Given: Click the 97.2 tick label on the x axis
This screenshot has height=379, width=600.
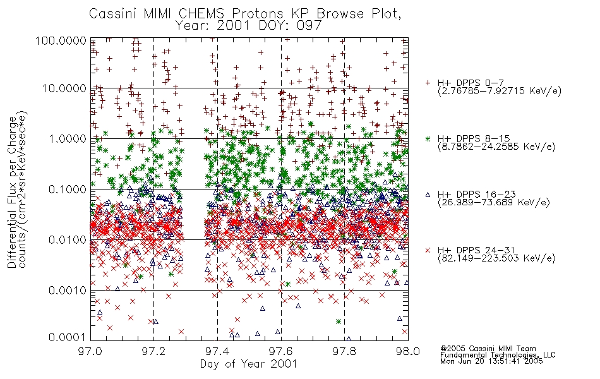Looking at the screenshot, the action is tap(154, 351).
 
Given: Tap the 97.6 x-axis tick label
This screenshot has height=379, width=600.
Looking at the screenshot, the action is tap(281, 351).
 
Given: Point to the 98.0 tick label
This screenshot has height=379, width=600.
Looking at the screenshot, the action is tap(408, 351).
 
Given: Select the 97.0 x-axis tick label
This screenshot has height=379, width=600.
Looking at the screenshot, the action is tap(90, 351).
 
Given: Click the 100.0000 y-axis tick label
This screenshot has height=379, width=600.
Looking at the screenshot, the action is tap(61, 40).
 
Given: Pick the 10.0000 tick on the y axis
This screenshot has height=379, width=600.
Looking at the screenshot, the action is tap(64, 88).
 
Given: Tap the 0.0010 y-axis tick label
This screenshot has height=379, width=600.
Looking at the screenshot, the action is tap(68, 291).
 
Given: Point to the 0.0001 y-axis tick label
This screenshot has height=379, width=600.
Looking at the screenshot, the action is tap(68, 337).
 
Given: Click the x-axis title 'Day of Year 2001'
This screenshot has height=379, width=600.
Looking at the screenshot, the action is tap(249, 364).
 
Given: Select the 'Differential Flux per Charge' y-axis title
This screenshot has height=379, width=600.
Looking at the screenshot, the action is tap(12, 191).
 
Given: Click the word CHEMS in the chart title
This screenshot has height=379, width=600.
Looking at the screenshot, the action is tap(201, 14).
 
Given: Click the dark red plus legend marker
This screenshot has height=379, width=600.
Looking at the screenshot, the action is tap(428, 83).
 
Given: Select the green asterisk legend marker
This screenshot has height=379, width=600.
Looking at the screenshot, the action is tap(428, 138).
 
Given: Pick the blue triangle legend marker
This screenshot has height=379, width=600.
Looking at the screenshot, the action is tap(428, 195).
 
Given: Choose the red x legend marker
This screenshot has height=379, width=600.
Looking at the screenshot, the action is tap(428, 250).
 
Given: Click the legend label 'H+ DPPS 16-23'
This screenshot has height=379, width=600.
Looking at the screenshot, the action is tap(476, 195).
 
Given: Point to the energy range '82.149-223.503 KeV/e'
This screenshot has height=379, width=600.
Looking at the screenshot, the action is tap(496, 258).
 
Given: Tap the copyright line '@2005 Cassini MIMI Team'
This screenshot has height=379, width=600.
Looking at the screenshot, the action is tap(488, 349).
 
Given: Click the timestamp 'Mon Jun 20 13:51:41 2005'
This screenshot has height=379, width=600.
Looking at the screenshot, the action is tap(491, 361).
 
